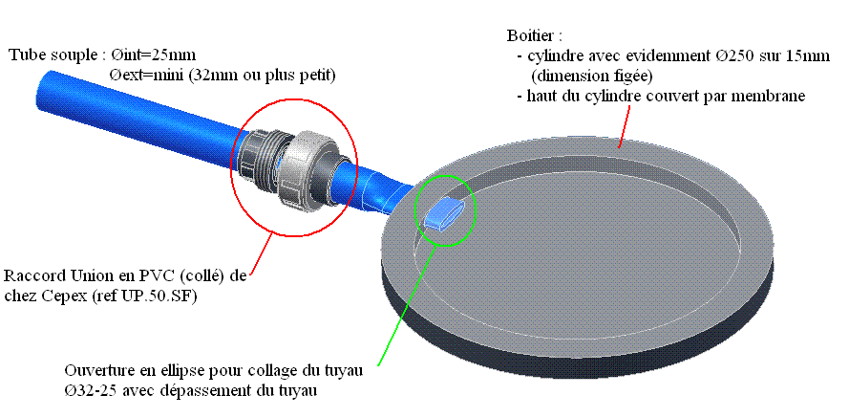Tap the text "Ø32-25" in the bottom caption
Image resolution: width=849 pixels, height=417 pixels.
tap(89, 390)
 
